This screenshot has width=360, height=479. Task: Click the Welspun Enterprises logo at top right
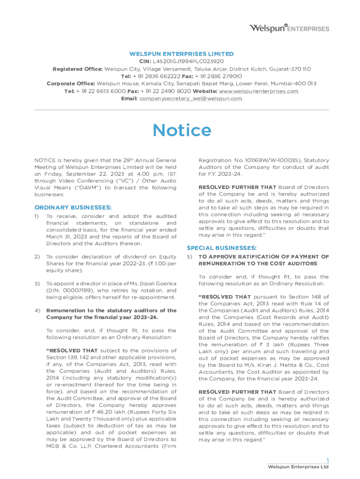coord(289,28)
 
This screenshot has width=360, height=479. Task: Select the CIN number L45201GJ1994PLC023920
coord(188,61)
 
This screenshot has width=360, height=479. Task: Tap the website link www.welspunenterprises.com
coord(258,91)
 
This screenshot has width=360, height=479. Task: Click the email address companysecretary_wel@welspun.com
coord(191,99)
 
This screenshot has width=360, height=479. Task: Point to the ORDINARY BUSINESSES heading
coord(73,207)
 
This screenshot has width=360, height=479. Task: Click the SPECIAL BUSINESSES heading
coord(221,247)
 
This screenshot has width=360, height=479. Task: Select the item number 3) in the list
coord(36,284)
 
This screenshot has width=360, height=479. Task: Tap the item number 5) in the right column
coord(189,257)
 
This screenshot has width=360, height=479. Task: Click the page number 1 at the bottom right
coord(327,460)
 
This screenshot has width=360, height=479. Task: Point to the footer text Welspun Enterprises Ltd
coord(298,467)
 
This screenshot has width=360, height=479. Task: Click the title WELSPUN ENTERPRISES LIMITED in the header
coord(181,54)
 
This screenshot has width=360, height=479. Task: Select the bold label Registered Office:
coord(78,69)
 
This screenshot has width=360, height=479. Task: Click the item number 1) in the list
coord(36,216)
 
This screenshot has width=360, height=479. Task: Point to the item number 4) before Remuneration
coord(36,311)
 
